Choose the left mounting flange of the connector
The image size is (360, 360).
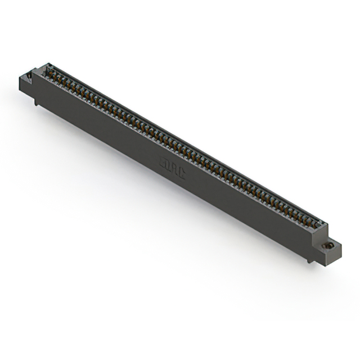(27, 82)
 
